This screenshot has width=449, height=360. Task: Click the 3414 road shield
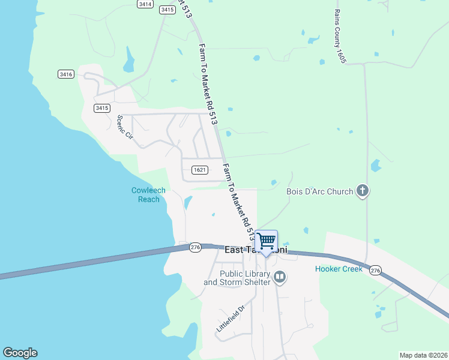pos(144,4)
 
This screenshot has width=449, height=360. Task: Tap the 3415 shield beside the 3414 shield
pos(167,10)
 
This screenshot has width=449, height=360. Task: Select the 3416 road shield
pos(66,74)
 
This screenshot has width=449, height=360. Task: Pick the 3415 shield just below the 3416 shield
pos(102,108)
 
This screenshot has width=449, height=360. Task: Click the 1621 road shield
pos(200,170)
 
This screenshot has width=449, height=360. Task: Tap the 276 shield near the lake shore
pos(195,247)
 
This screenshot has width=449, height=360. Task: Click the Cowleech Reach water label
pos(148,195)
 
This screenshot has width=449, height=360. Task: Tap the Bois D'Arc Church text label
pos(319,192)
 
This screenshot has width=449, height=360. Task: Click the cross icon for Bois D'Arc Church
pos(362,191)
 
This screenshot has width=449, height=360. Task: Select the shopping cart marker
pos(266,242)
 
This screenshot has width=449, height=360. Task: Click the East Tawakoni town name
pos(256,250)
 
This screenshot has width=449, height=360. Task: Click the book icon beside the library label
pos(279,277)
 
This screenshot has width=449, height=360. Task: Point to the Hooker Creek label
pos(339,269)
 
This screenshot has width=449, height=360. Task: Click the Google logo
pos(20,353)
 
